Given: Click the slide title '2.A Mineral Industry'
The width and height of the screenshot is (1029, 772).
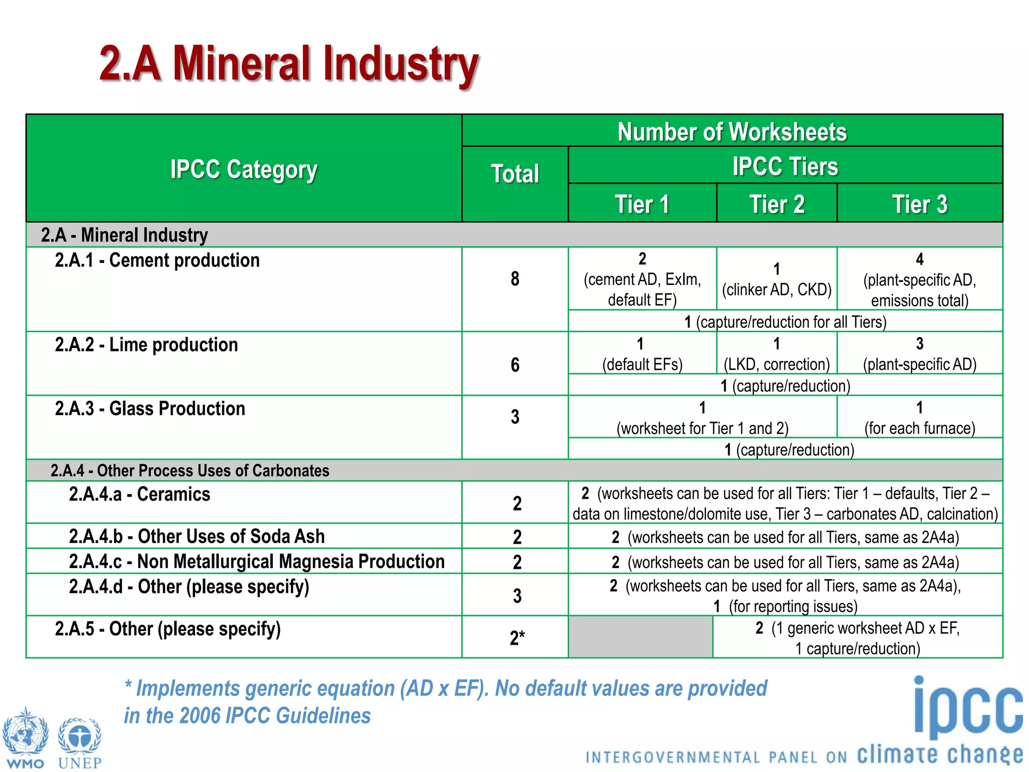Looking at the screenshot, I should coord(289,64).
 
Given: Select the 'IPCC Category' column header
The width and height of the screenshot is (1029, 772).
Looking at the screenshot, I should coord(244,169).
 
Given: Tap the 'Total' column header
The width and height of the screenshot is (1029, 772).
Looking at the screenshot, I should coord(515,174).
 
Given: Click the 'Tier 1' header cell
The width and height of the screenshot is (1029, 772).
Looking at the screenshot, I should coord(642,204).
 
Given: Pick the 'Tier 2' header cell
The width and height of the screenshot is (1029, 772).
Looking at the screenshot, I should coord(777,204).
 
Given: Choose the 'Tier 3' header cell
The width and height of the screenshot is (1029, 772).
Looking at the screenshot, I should coord(919,204).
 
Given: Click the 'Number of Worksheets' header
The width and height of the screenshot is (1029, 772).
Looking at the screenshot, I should coord(732,132).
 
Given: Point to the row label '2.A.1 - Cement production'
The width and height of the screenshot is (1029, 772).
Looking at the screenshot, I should coord(157,260).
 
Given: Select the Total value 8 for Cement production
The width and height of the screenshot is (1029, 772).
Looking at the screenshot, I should coord(515,279).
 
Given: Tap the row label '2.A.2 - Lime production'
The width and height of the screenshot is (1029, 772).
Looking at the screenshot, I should coord(146,345).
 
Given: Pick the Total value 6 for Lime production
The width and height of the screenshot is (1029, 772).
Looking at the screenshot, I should coord(515,365).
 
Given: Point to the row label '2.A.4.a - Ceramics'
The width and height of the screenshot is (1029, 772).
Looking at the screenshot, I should coord(140,495).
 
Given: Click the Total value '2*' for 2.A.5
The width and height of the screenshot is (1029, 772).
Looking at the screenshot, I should coord(517,638).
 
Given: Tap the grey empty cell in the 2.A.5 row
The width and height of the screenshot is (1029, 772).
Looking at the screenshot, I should coord(640,637).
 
